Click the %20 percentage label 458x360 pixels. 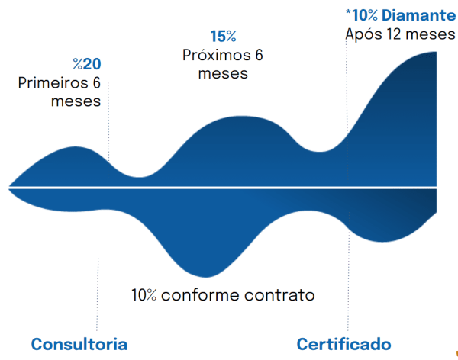coord(87,64)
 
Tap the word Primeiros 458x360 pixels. coord(53,82)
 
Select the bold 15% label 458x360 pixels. coord(224,37)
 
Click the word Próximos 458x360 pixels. coord(217,55)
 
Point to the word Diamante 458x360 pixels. coord(418,15)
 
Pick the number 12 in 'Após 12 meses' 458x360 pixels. coord(394,34)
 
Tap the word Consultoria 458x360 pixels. coord(79,344)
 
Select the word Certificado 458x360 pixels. coord(343,344)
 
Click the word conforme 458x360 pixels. coord(200,295)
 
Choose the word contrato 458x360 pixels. coord(279,295)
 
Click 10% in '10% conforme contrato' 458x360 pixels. coord(144,295)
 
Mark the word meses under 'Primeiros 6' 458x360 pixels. coord(76,101)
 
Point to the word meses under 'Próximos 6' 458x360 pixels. coord(223,73)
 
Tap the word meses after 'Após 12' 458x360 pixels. coord(431,34)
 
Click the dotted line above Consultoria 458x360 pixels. coord(98,294)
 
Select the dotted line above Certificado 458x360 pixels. coord(348,272)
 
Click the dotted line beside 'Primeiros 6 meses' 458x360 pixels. coord(108,122)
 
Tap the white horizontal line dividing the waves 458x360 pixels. coord(223,188)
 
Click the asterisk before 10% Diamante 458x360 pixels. coord(348,11)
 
